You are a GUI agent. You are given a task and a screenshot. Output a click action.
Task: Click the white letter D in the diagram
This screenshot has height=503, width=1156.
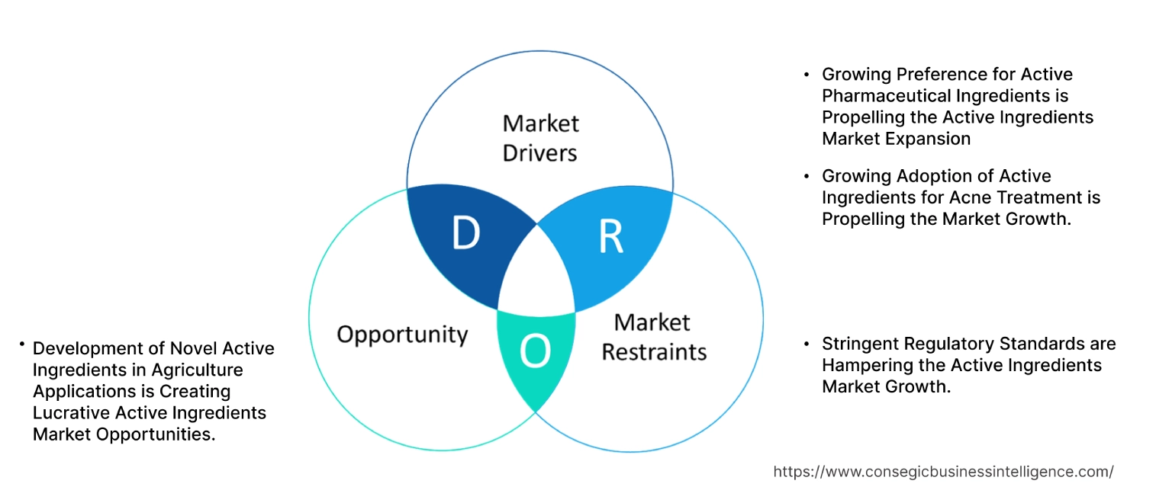tap(465, 233)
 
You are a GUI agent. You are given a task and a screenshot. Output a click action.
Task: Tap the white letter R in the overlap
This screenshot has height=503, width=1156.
tap(610, 237)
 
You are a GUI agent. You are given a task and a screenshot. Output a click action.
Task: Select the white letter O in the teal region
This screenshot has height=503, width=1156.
tap(534, 351)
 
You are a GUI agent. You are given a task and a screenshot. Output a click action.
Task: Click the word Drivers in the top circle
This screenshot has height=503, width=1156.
tap(539, 152)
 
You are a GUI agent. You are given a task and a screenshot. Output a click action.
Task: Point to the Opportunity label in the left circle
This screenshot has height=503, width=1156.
tap(402, 334)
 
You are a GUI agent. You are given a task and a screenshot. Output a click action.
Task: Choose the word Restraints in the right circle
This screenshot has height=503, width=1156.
tap(654, 351)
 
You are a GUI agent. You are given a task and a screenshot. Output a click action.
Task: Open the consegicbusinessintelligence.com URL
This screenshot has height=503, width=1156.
tap(943, 472)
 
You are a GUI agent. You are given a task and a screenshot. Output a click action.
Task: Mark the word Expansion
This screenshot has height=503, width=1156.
tap(930, 138)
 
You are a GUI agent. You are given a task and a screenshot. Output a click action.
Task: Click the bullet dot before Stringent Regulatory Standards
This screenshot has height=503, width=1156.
tap(807, 344)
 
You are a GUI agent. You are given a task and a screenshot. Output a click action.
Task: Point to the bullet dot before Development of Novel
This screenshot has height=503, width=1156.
tap(23, 345)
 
